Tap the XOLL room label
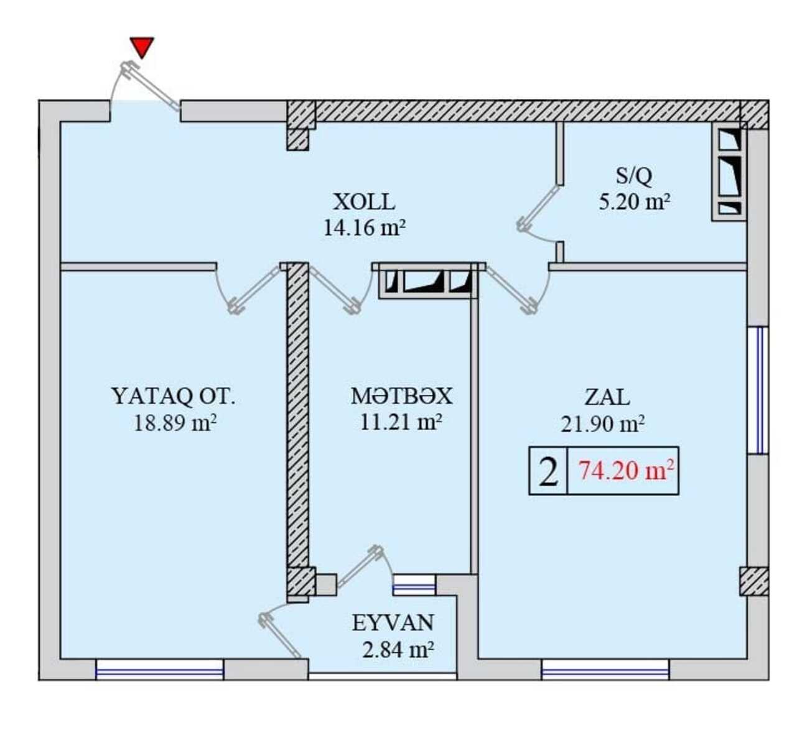364,202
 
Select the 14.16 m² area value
364,228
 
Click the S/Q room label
633,176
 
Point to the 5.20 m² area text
635,202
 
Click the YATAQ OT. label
173,397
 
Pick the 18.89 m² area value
175,423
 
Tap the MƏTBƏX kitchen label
401,397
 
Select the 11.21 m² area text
401,423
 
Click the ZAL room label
607,397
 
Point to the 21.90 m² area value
602,424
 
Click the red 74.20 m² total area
627,471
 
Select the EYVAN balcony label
393,623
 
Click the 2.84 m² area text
398,650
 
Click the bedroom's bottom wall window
159,670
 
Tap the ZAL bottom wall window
605,670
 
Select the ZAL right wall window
758,390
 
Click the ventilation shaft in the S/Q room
729,172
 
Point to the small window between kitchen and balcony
414,585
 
